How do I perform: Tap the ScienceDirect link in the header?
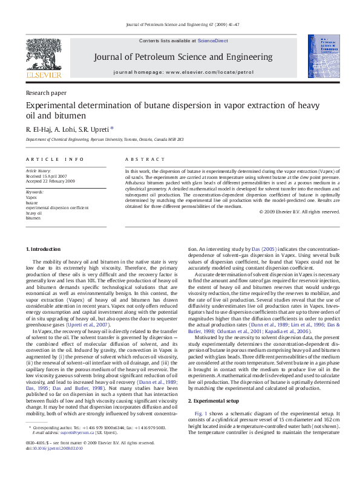pos(213,41)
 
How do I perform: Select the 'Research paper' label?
pos(47,93)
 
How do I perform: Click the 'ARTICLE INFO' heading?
pos(54,159)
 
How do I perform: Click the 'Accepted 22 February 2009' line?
pos(50,181)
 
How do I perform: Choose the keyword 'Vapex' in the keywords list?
pos(31,197)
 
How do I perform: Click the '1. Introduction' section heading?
pos(43,249)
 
